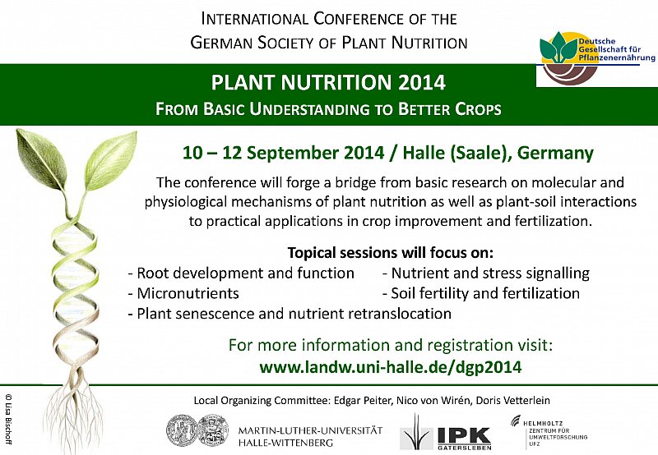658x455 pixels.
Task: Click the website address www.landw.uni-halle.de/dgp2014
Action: point(390,367)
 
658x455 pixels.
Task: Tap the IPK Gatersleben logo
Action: point(445,432)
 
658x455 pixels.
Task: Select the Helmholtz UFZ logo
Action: point(549,430)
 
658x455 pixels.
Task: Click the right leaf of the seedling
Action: point(110,159)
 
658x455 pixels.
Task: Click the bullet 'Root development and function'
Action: point(241,273)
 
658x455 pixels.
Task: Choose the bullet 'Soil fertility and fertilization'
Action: point(481,293)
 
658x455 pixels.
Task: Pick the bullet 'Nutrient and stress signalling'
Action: point(486,273)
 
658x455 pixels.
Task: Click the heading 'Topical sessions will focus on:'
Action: point(390,253)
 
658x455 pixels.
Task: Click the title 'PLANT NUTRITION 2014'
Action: point(328,82)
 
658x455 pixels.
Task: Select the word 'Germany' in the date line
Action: point(555,153)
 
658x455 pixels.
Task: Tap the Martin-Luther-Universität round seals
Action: point(197,431)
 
